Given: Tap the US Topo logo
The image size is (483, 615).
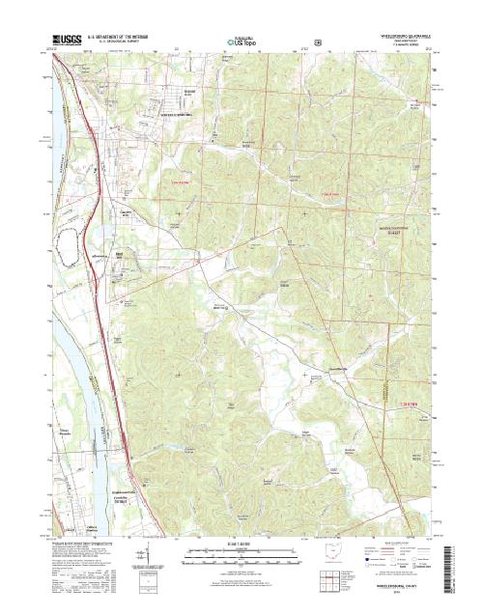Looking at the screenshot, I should (x=241, y=42).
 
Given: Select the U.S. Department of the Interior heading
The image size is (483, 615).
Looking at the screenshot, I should (x=122, y=36).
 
